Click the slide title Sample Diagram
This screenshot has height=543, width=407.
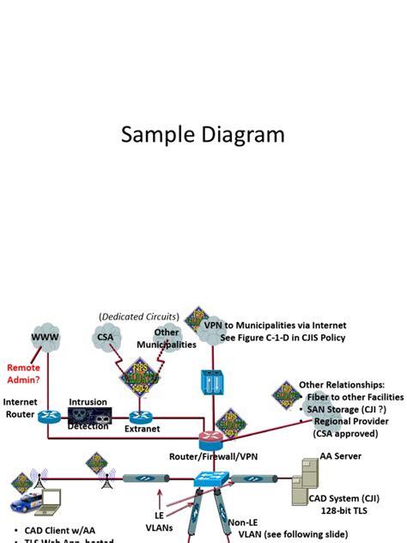(203, 135)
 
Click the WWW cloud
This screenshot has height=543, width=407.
(46, 337)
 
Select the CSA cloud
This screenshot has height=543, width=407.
(105, 338)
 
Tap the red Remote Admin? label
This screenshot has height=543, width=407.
(23, 372)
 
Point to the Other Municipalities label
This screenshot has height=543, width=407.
(167, 339)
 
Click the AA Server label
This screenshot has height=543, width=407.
(340, 456)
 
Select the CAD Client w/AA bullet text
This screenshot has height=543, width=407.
(52, 529)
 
